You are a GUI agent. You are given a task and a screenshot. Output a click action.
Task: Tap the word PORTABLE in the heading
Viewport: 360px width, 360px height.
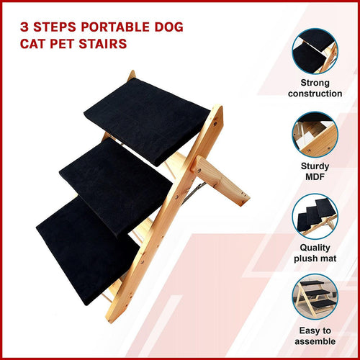[116, 27]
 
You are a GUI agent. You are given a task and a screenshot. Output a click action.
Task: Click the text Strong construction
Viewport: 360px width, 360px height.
[315, 89]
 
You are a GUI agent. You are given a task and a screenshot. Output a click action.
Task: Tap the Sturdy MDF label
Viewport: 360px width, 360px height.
[315, 171]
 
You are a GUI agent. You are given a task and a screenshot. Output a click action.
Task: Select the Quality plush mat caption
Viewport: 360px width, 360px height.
[315, 253]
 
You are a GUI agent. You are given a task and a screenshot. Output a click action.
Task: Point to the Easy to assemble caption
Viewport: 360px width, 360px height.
[315, 336]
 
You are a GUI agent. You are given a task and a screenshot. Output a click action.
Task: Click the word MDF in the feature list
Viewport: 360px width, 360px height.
[315, 176]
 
